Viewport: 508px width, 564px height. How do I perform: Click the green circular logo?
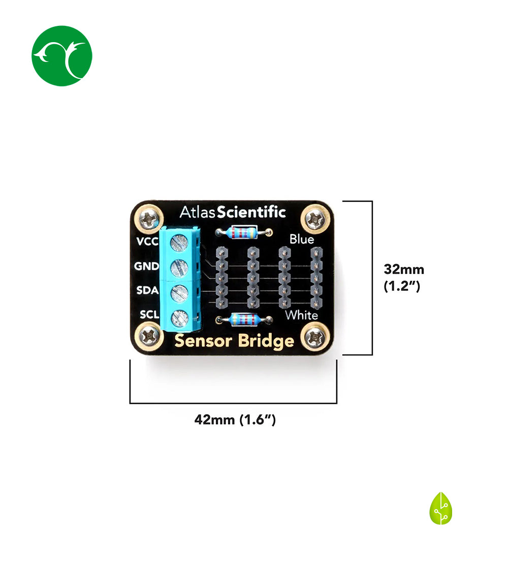pos(61,56)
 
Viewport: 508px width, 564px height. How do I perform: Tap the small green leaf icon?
pos(440,508)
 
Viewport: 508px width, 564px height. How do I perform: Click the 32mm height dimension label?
pos(404,269)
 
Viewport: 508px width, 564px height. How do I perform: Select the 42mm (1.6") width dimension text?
pos(235,420)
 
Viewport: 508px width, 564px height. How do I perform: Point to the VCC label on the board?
pos(147,241)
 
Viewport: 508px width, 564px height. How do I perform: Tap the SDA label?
pos(147,291)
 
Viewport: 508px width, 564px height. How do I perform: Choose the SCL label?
pos(149,316)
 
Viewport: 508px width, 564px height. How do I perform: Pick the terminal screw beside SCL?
pos(178,318)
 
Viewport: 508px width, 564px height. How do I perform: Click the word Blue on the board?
pos(302,239)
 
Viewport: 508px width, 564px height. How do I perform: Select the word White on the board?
pos(301,315)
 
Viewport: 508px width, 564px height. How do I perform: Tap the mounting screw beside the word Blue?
pos(315,220)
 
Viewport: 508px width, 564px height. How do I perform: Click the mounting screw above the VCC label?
pos(149,220)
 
